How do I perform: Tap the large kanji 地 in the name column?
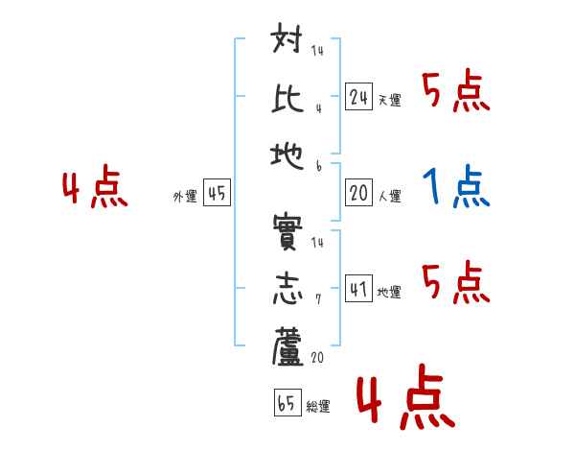287,151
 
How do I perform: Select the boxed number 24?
359,96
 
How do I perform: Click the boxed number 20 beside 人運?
359,193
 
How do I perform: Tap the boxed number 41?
359,289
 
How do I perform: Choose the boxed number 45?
217,193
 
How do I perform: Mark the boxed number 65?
287,403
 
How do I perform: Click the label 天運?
389,100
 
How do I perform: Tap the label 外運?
185,197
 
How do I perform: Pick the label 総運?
318,407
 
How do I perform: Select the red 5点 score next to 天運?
456,93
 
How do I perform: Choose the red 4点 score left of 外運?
94,189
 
